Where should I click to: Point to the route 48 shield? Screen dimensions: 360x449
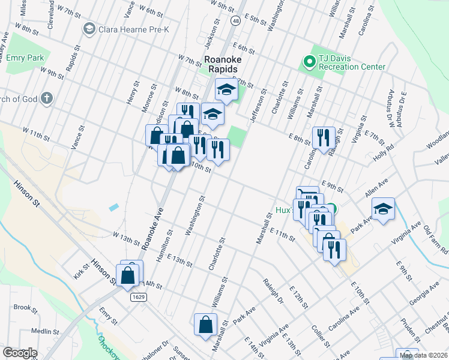(235, 20)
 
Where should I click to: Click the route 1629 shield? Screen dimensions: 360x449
(139, 296)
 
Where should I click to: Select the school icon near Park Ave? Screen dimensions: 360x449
(383, 209)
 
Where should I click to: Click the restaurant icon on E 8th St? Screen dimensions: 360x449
(324, 137)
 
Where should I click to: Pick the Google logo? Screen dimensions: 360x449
(20, 352)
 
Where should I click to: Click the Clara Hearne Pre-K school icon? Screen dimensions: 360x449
(89, 28)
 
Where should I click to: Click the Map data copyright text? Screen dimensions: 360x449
(424, 355)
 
